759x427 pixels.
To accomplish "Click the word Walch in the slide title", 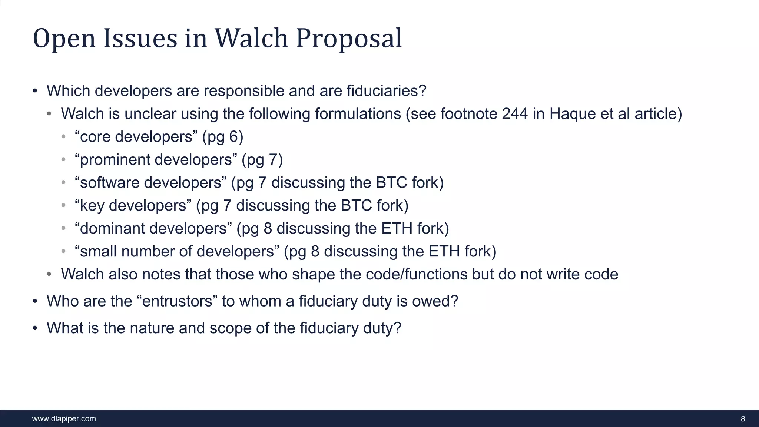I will point(251,38).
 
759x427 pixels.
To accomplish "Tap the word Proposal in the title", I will point(349,39).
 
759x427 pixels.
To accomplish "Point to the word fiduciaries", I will point(387,91).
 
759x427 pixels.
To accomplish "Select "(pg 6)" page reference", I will point(223,137).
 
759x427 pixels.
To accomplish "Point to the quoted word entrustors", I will point(177,301).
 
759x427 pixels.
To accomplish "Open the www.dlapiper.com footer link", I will point(64,419).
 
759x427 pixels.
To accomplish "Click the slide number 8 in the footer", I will point(743,419).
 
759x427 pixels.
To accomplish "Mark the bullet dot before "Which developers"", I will point(35,91).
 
